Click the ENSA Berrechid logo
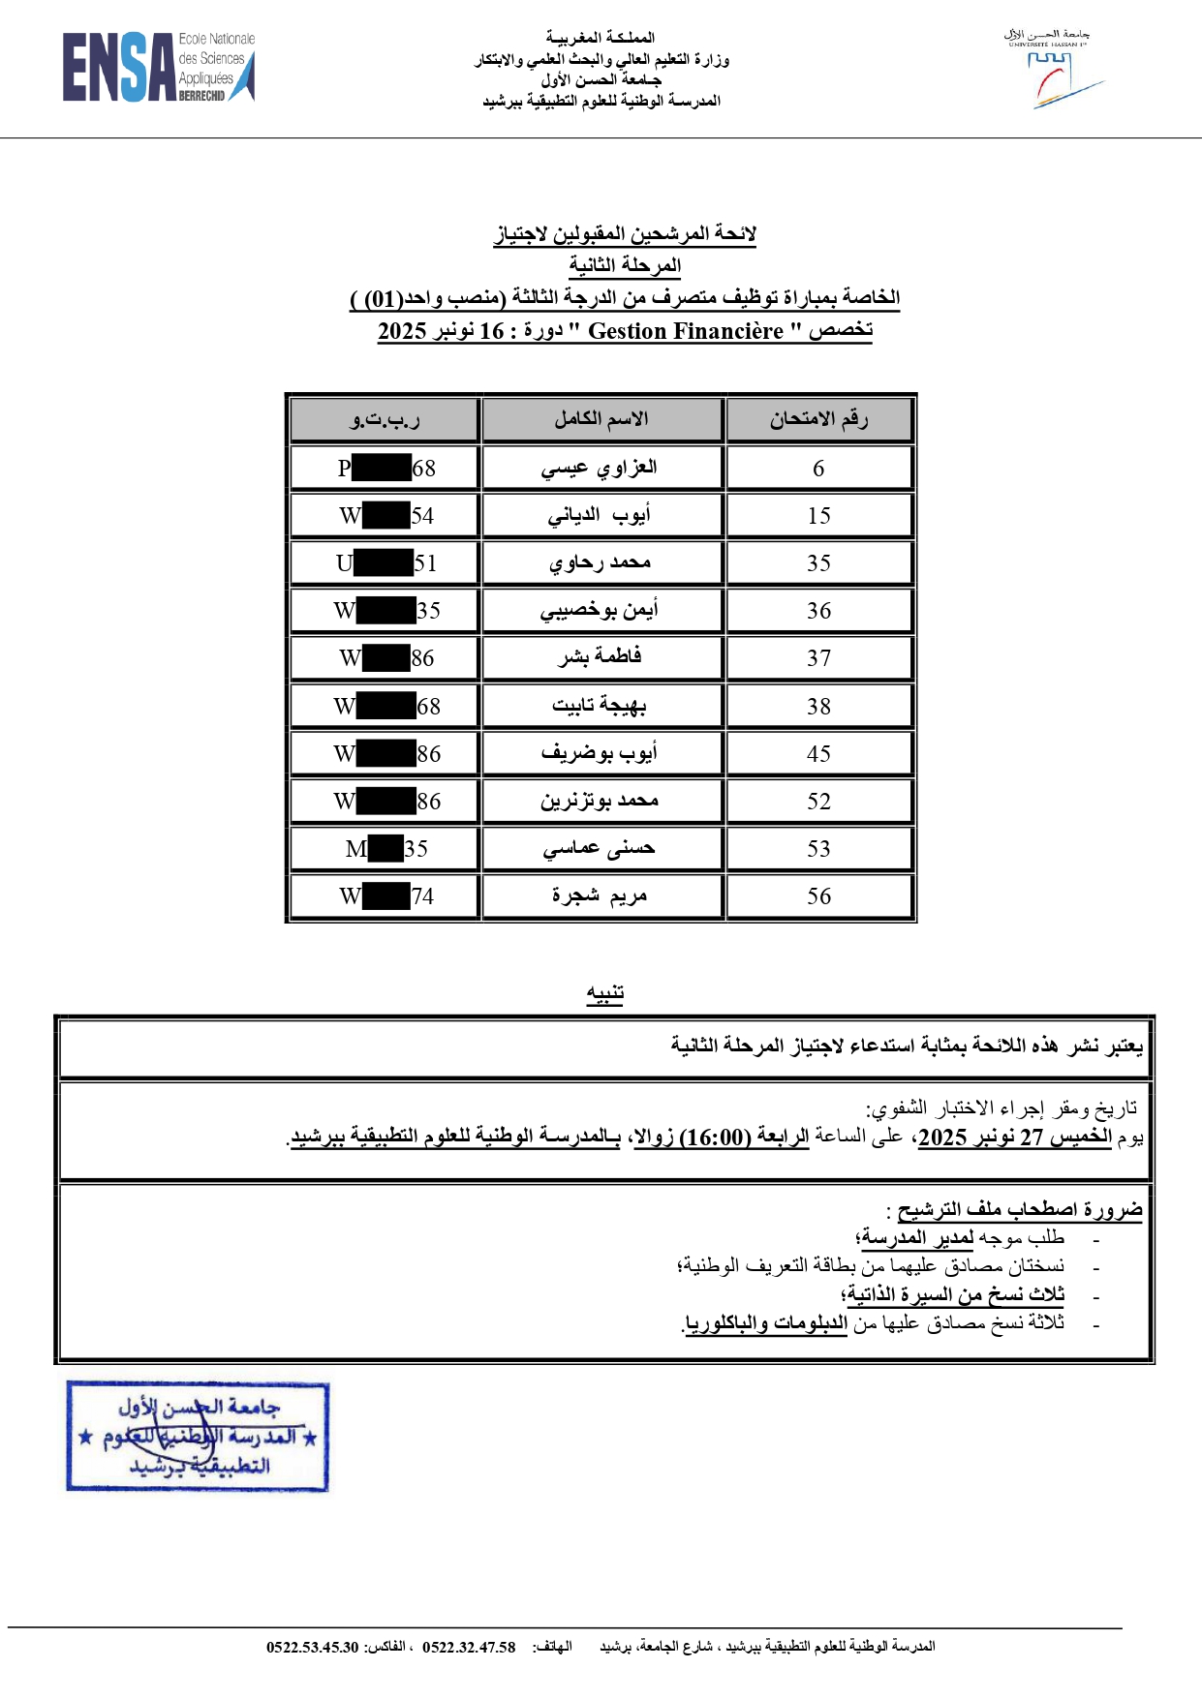click(x=158, y=67)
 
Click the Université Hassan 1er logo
click(x=1052, y=70)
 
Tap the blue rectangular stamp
click(x=198, y=1436)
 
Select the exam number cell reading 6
click(x=818, y=469)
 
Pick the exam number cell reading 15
click(x=818, y=516)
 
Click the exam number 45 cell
click(x=818, y=754)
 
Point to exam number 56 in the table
click(x=818, y=896)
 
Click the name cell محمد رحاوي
click(x=601, y=563)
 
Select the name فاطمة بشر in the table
click(x=601, y=658)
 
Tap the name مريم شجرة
click(x=601, y=896)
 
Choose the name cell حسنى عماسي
click(x=601, y=849)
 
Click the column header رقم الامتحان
click(x=818, y=420)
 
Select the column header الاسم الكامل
click(x=601, y=420)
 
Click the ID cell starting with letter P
click(x=385, y=469)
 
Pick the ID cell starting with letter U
click(x=385, y=563)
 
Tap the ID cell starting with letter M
click(x=385, y=849)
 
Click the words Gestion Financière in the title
click(x=685, y=332)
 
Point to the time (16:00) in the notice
click(x=717, y=1138)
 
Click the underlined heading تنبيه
click(x=604, y=993)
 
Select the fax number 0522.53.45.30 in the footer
click(x=313, y=1647)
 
